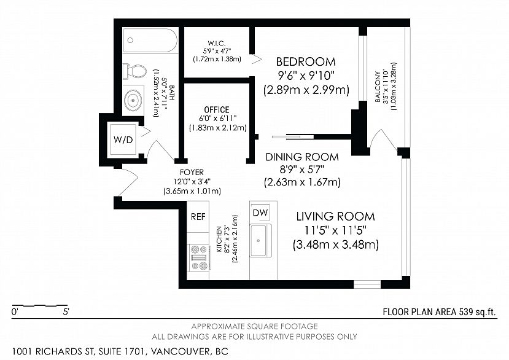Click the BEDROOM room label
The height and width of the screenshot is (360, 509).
pyautogui.click(x=306, y=61)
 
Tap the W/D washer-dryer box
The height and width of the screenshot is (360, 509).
pyautogui.click(x=123, y=140)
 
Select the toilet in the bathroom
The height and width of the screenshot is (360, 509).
pyautogui.click(x=134, y=71)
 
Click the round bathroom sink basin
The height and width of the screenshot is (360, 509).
pyautogui.click(x=133, y=100)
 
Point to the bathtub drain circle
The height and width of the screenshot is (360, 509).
pyautogui.click(x=131, y=41)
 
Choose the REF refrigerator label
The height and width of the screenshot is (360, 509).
pyautogui.click(x=198, y=217)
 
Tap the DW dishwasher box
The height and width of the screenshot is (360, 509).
pyautogui.click(x=260, y=213)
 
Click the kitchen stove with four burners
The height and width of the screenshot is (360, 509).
pyautogui.click(x=199, y=257)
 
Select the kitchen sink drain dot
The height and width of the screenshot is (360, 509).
pyautogui.click(x=258, y=241)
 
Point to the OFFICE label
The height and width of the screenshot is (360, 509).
pyautogui.click(x=217, y=109)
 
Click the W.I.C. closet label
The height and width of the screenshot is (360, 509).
pyautogui.click(x=217, y=43)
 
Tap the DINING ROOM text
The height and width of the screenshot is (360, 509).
pyautogui.click(x=302, y=157)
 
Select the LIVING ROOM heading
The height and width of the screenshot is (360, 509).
pyautogui.click(x=336, y=216)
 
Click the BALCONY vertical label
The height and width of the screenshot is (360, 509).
pyautogui.click(x=378, y=87)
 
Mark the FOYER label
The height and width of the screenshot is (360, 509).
pyautogui.click(x=192, y=172)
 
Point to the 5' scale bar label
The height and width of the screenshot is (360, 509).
pyautogui.click(x=66, y=312)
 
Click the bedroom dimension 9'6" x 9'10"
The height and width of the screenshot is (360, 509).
pyautogui.click(x=306, y=76)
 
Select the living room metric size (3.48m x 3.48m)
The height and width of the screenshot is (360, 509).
pyautogui.click(x=336, y=245)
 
